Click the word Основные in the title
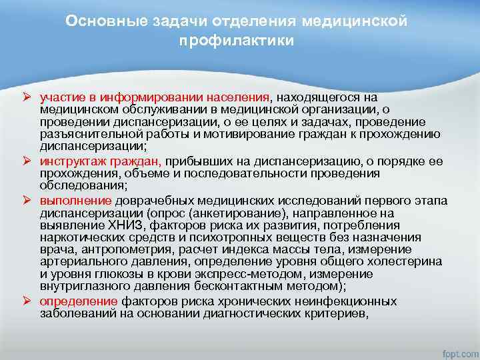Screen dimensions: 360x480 [97, 21]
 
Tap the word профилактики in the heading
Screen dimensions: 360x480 [236, 41]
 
